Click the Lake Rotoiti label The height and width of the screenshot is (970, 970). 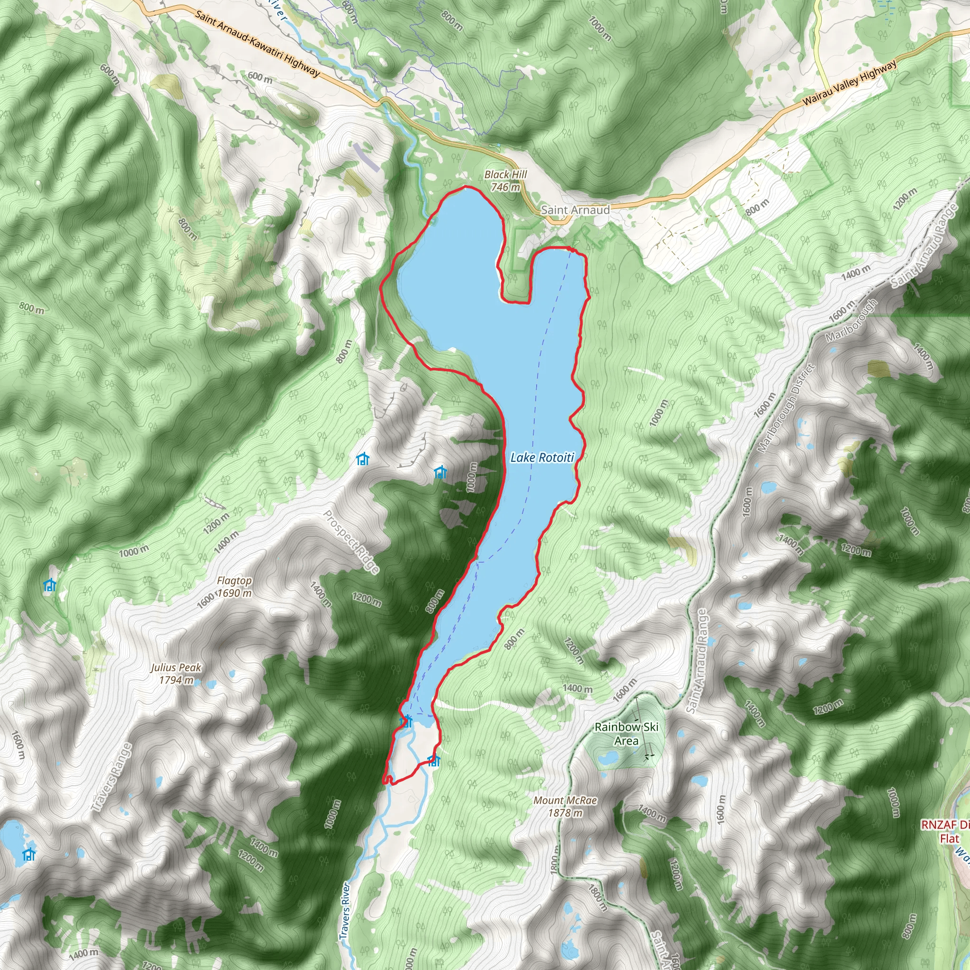542,458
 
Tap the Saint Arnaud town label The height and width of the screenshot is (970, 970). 575,210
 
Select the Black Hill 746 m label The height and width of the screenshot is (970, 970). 505,181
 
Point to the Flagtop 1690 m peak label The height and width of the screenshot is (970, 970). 234,587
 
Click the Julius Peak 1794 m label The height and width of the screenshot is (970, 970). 176,674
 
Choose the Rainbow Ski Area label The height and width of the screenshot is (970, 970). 626,734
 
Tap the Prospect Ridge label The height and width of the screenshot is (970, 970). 350,542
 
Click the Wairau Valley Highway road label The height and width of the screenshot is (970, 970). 849,83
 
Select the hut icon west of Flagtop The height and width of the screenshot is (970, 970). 49,585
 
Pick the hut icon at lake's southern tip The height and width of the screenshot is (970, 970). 406,721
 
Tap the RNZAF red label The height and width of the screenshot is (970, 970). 944,831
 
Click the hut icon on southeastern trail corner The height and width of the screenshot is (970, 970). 434,761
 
